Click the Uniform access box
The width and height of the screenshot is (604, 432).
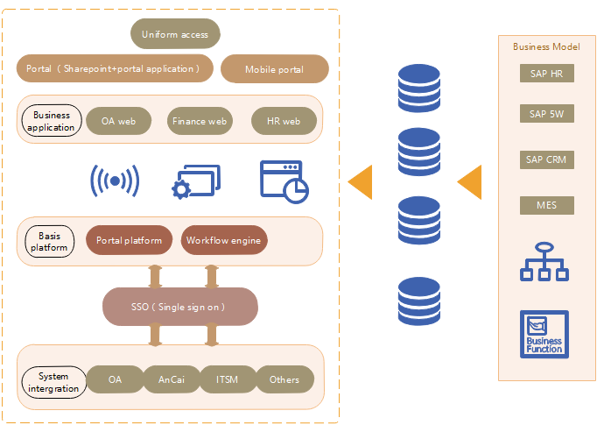pyautogui.click(x=175, y=34)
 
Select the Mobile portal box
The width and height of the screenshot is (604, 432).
pyautogui.click(x=275, y=69)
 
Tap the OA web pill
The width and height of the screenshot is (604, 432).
pyautogui.click(x=119, y=121)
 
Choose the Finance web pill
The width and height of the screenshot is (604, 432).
pyautogui.click(x=200, y=121)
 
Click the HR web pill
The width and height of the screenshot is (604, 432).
pyautogui.click(x=283, y=121)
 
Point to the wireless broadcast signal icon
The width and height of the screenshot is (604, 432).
pyautogui.click(x=115, y=181)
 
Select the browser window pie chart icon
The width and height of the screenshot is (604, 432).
pyautogui.click(x=284, y=181)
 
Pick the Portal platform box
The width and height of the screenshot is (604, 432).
pyautogui.click(x=130, y=240)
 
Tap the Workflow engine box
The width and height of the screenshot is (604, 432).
pyautogui.click(x=223, y=240)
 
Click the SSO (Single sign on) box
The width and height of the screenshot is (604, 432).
pyautogui.click(x=180, y=307)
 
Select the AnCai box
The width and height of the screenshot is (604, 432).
pyautogui.click(x=171, y=379)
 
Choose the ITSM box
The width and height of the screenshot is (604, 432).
pyautogui.click(x=227, y=379)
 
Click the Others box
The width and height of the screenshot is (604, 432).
pyautogui.click(x=284, y=379)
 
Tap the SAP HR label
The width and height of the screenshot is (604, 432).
pyautogui.click(x=546, y=74)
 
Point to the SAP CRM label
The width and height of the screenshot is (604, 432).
pyautogui.click(x=546, y=159)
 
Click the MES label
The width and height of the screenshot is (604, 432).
pyautogui.click(x=546, y=206)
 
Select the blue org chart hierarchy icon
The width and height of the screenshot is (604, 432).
pyautogui.click(x=544, y=262)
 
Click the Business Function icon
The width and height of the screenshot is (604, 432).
pyautogui.click(x=544, y=334)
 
